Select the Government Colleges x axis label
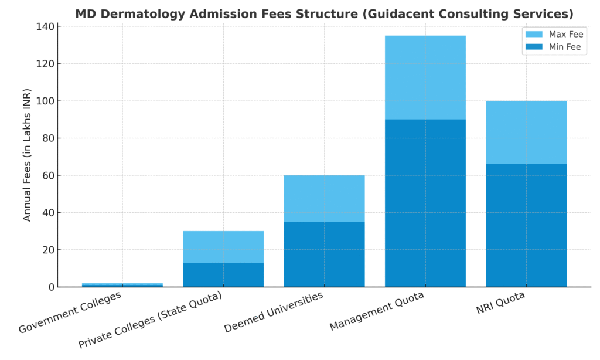point(70,313)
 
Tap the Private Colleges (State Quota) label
point(151,320)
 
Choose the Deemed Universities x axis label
point(274,312)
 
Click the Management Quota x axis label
point(377,311)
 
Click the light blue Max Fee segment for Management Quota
point(425,77)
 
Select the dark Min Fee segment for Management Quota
point(425,203)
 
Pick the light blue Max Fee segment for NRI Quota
point(526,132)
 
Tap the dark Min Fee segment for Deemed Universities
point(324,254)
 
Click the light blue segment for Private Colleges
point(223,246)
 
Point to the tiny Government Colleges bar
point(122,285)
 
